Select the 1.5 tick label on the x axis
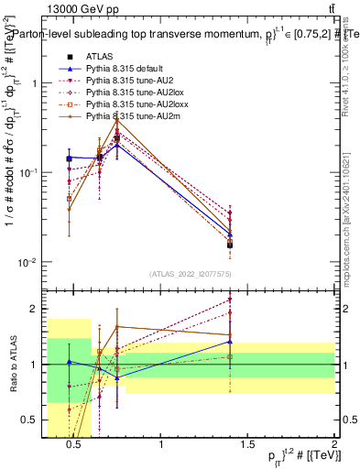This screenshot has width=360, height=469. click(x=248, y=446)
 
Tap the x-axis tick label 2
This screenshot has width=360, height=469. click(x=335, y=446)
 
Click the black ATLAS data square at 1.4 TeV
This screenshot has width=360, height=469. click(x=230, y=245)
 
